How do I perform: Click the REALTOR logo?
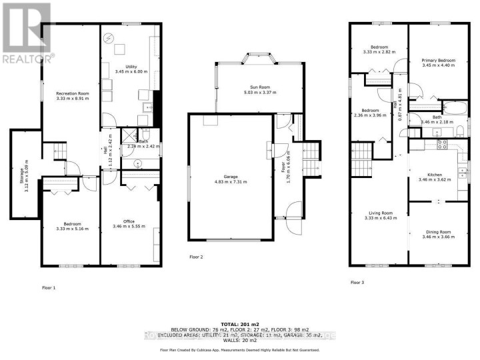27,33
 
